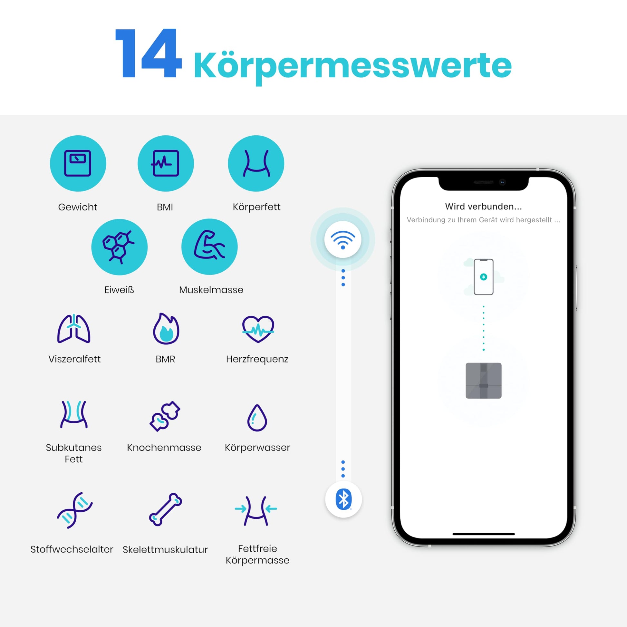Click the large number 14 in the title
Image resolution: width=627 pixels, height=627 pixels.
(x=148, y=53)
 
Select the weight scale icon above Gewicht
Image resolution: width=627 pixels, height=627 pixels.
(x=78, y=163)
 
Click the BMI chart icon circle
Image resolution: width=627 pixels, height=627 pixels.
(x=166, y=163)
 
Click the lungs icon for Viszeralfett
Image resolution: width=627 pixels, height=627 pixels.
(x=74, y=328)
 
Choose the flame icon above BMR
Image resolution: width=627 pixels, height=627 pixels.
(x=166, y=328)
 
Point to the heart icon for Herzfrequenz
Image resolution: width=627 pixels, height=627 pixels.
(x=258, y=329)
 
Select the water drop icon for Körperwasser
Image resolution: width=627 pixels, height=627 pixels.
(x=257, y=418)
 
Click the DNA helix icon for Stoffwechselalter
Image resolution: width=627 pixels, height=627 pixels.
(x=75, y=510)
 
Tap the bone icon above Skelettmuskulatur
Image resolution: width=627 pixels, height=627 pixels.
(x=166, y=509)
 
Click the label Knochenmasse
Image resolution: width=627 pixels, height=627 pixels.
(x=164, y=448)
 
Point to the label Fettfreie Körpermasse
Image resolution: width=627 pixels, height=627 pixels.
(x=257, y=554)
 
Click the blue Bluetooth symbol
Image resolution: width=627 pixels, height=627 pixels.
(x=343, y=499)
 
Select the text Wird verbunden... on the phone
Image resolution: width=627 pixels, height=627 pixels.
(x=483, y=207)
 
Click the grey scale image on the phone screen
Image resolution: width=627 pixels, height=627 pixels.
(x=484, y=381)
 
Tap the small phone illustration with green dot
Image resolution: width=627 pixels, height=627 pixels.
(x=484, y=277)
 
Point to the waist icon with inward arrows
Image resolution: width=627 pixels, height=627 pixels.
(x=256, y=510)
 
